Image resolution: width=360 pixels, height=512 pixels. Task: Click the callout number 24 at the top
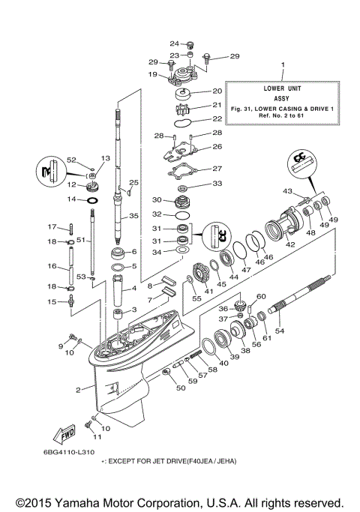click(173, 43)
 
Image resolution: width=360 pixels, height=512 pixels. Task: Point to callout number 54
click(280, 331)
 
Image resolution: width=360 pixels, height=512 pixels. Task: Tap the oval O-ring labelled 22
click(183, 119)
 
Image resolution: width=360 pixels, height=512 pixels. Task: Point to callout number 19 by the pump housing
click(152, 75)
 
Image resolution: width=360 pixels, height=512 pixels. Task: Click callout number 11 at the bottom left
click(96, 437)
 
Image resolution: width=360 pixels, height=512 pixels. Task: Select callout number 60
click(262, 298)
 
